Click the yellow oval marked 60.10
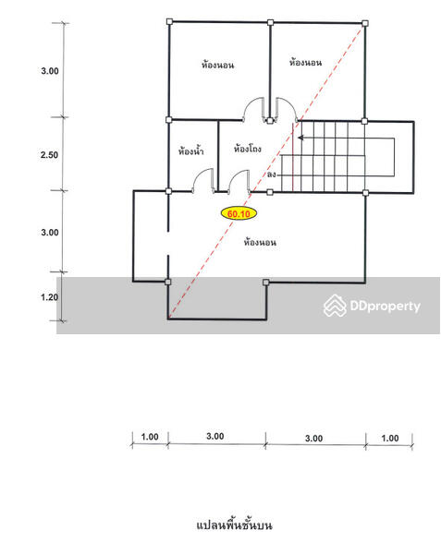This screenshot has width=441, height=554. (x=239, y=213)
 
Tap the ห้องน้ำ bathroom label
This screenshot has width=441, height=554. (x=190, y=151)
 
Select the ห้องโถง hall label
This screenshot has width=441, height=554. (x=247, y=149)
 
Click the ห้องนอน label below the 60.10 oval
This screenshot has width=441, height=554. (x=260, y=242)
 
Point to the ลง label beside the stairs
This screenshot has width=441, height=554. (x=271, y=175)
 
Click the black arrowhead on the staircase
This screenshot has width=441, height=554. (x=300, y=138)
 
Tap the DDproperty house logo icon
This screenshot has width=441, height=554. (x=335, y=306)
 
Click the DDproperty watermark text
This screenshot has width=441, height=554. (x=386, y=306)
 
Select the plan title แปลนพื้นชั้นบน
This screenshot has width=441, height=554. (x=235, y=525)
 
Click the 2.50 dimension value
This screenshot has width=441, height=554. (x=50, y=155)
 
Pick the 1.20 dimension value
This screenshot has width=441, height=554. (x=50, y=297)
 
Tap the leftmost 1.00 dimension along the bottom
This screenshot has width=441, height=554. (x=150, y=437)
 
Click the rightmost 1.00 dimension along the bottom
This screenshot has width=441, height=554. (x=390, y=438)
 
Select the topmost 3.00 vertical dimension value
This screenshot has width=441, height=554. (x=50, y=71)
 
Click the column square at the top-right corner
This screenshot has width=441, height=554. (x=365, y=23)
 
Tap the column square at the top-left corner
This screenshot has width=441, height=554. (x=169, y=22)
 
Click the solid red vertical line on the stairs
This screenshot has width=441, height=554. (x=293, y=157)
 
